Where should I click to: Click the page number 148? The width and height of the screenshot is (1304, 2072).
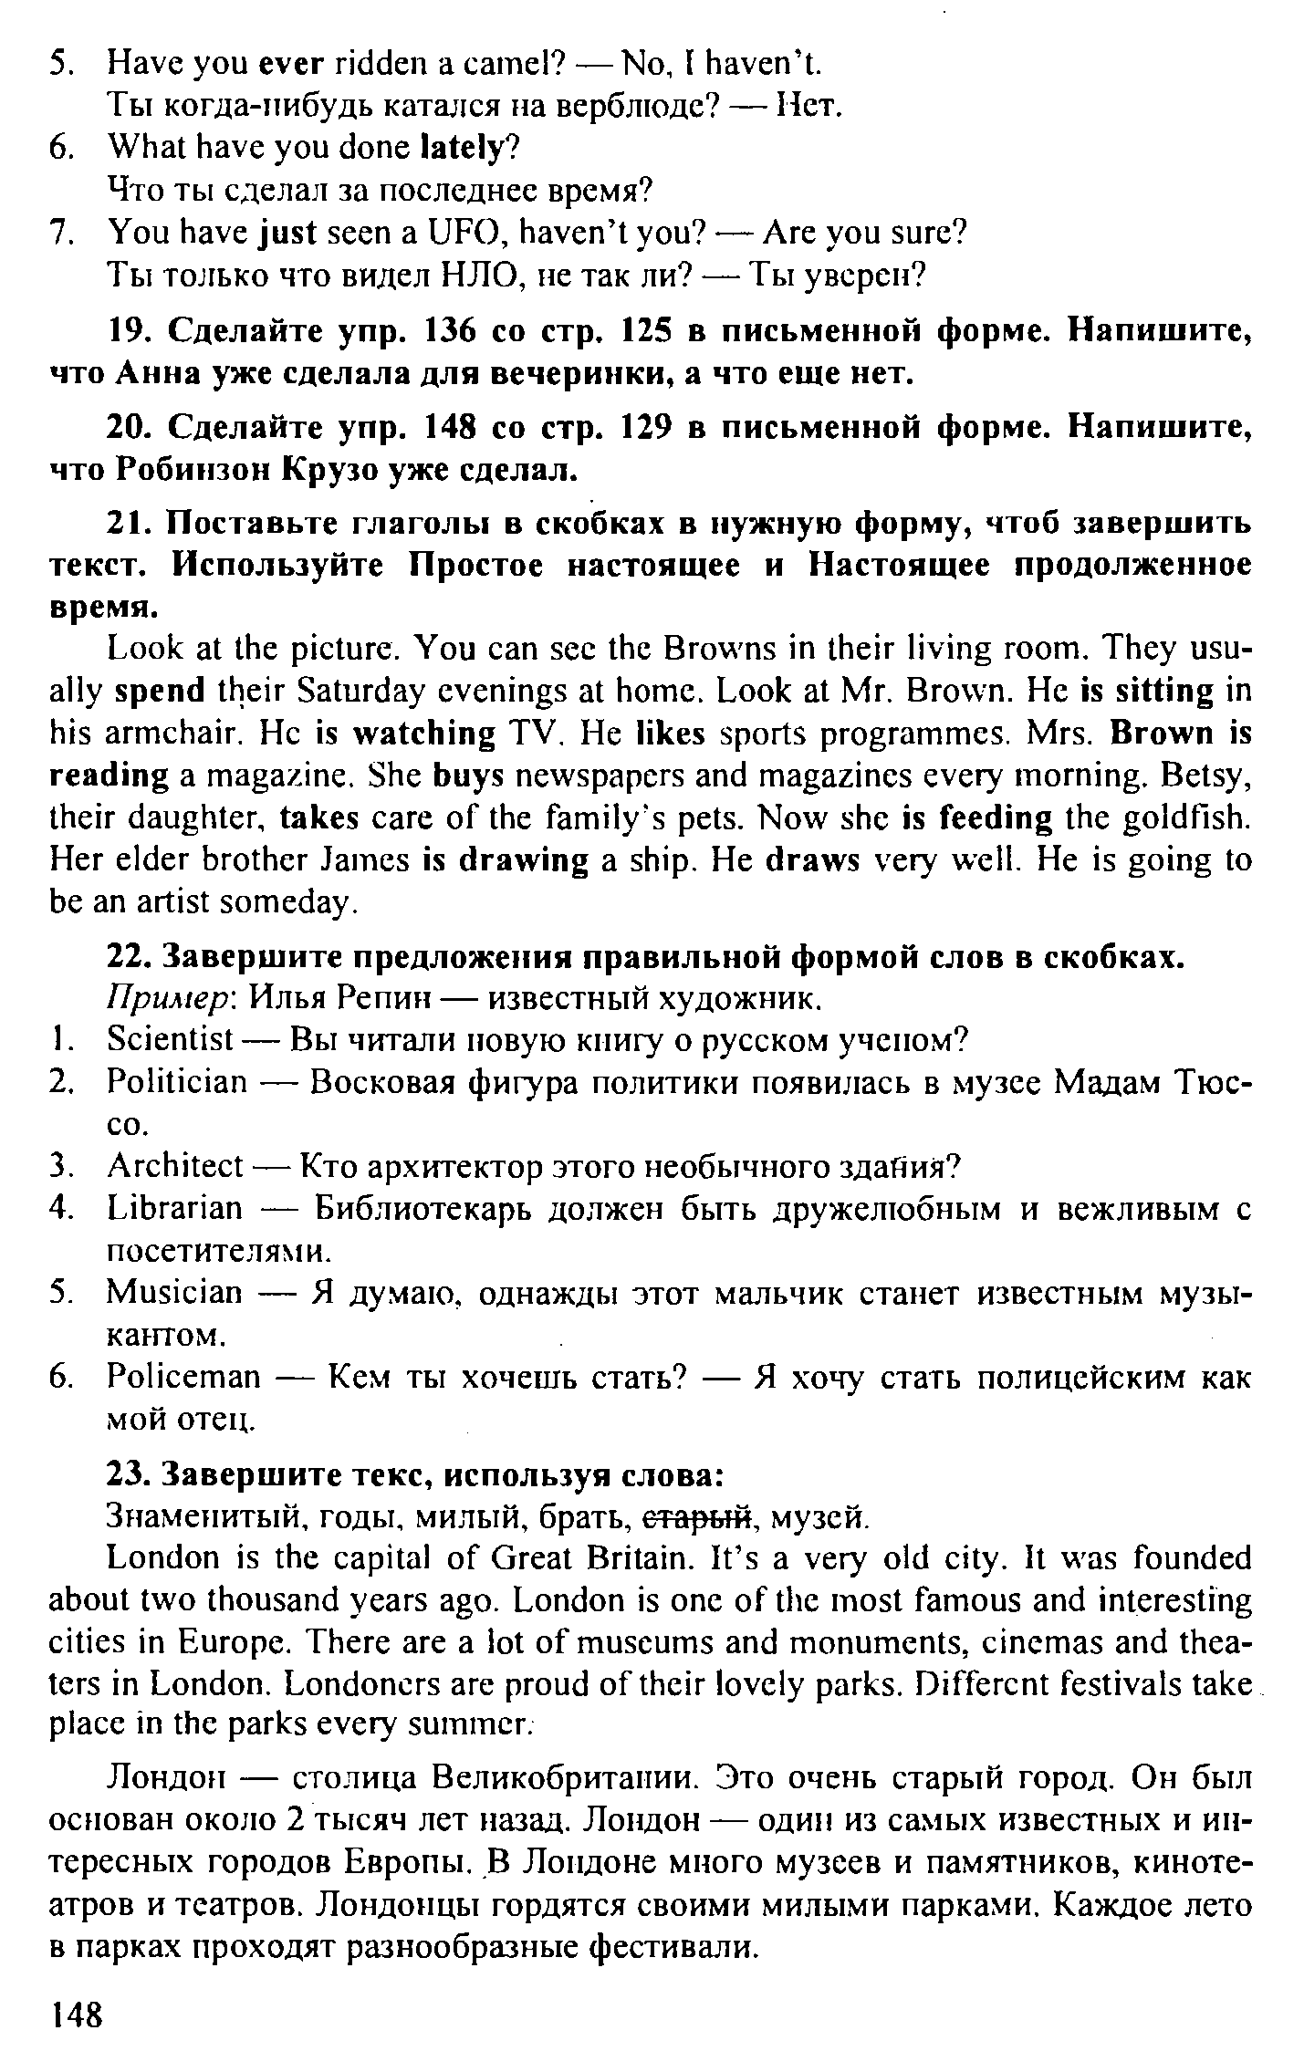pyautogui.click(x=78, y=2014)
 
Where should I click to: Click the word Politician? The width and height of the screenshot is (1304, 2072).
pyautogui.click(x=177, y=1083)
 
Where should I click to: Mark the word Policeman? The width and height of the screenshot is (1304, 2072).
pyautogui.click(x=183, y=1376)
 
